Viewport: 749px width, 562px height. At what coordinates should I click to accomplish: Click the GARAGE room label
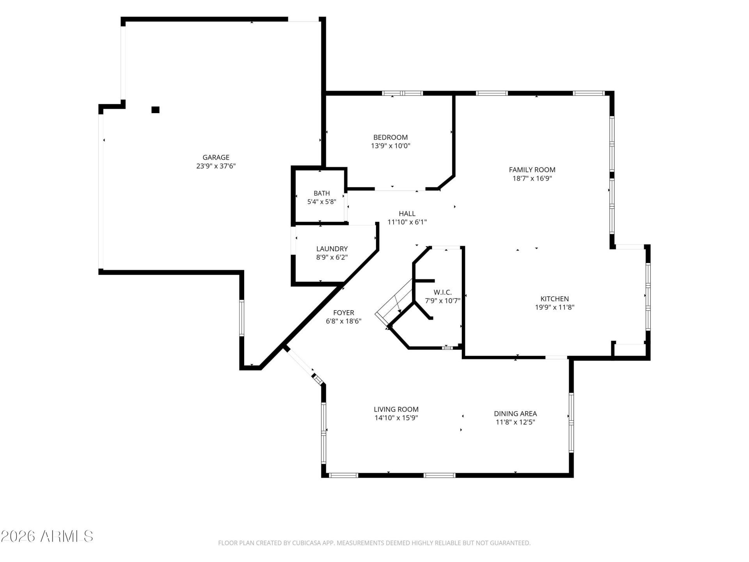pyautogui.click(x=216, y=157)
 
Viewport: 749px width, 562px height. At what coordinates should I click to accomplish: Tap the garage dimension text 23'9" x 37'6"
pyautogui.click(x=216, y=166)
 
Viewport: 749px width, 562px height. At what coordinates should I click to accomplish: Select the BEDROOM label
pyautogui.click(x=390, y=137)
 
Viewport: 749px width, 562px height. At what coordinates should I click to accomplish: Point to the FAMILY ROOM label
pyautogui.click(x=532, y=170)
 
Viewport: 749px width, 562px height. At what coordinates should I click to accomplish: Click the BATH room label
pyautogui.click(x=322, y=193)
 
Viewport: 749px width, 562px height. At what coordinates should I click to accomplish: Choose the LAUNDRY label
pyautogui.click(x=332, y=249)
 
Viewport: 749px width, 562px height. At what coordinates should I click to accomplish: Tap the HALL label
pyautogui.click(x=407, y=213)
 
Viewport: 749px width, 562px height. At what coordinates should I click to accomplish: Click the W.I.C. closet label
pyautogui.click(x=443, y=292)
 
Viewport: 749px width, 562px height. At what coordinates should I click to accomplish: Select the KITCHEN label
pyautogui.click(x=555, y=299)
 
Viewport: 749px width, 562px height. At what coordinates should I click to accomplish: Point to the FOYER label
pyautogui.click(x=344, y=313)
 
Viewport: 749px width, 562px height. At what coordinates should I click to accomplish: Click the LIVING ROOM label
pyautogui.click(x=396, y=409)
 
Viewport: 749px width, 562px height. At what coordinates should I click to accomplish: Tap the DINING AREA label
pyautogui.click(x=515, y=414)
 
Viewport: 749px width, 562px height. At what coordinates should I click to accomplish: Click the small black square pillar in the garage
pyautogui.click(x=155, y=110)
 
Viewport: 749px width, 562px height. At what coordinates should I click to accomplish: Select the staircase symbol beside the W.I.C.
pyautogui.click(x=394, y=303)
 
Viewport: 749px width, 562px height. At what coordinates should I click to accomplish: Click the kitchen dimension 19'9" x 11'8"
pyautogui.click(x=555, y=307)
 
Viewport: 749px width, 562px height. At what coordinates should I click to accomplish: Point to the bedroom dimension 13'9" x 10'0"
pyautogui.click(x=390, y=146)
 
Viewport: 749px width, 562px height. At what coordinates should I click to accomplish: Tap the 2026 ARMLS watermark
pyautogui.click(x=47, y=536)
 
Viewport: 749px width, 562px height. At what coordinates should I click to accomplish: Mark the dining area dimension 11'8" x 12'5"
pyautogui.click(x=515, y=422)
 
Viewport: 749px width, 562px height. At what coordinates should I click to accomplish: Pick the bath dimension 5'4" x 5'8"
pyautogui.click(x=322, y=202)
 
